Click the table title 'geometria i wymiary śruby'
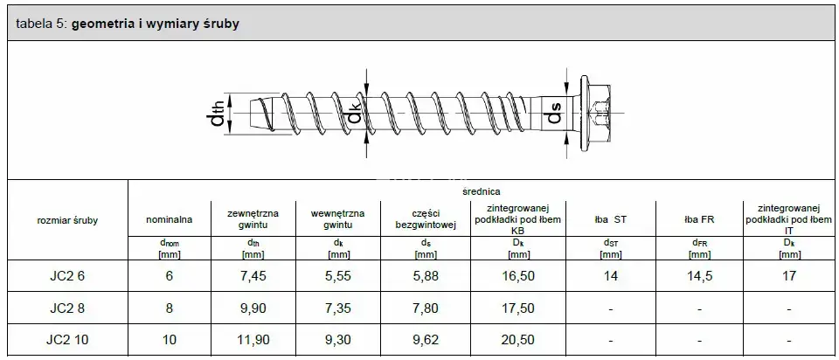pyautogui.click(x=156, y=24)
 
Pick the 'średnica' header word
pyautogui.click(x=482, y=191)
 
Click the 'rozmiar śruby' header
pyautogui.click(x=67, y=220)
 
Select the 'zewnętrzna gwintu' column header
pyautogui.click(x=253, y=219)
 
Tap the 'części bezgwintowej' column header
pyautogui.click(x=426, y=219)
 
